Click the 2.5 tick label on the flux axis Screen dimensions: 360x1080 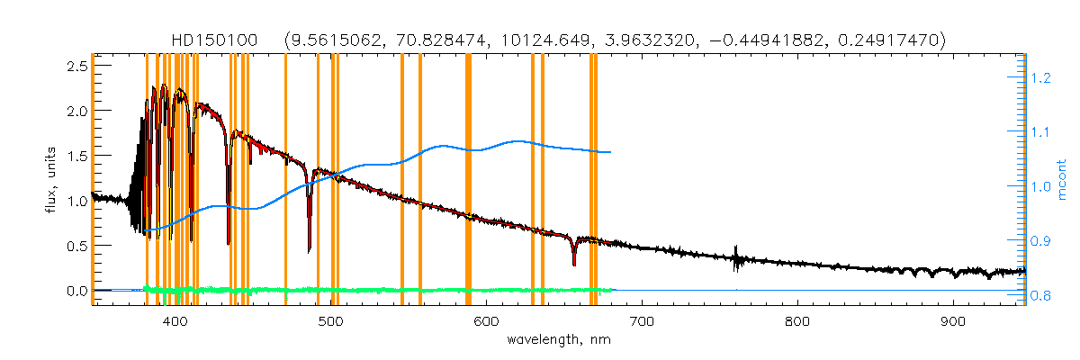pyautogui.click(x=77, y=67)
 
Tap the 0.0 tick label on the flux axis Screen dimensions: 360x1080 pyautogui.click(x=77, y=291)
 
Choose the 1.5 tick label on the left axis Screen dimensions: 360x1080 pyautogui.click(x=77, y=156)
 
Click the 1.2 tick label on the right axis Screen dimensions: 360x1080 pyautogui.click(x=1041, y=78)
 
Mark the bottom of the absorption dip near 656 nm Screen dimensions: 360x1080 pyautogui.click(x=573, y=265)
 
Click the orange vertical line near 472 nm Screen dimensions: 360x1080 pyautogui.click(x=285, y=180)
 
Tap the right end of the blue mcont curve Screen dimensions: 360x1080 pyautogui.click(x=611, y=152)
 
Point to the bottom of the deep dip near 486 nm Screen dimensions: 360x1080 pyautogui.click(x=309, y=251)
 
